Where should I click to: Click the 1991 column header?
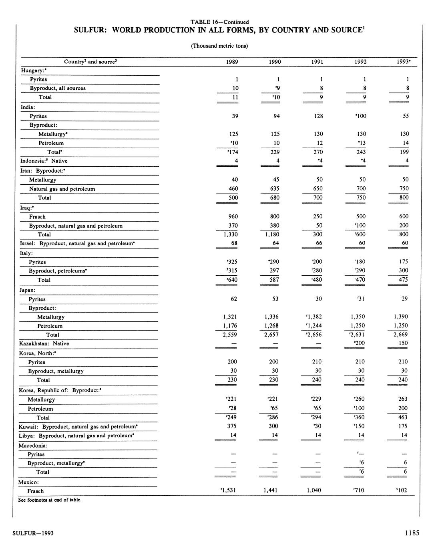pyautogui.click(x=317, y=62)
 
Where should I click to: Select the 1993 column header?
pyautogui.click(x=402, y=62)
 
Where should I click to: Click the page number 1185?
pyautogui.click(x=412, y=533)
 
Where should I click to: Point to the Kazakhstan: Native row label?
pyautogui.click(x=44, y=343)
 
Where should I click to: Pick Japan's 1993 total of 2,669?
pyautogui.click(x=399, y=334)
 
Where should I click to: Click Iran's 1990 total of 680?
pyautogui.click(x=275, y=198)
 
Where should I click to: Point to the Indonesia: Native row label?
pyautogui.click(x=44, y=161)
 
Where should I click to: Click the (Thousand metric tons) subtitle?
pyautogui.click(x=219, y=46)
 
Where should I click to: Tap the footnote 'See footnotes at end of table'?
pyautogui.click(x=50, y=500)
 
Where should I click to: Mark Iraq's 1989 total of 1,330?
pyautogui.click(x=230, y=234)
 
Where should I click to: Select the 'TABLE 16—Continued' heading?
pyautogui.click(x=219, y=22)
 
